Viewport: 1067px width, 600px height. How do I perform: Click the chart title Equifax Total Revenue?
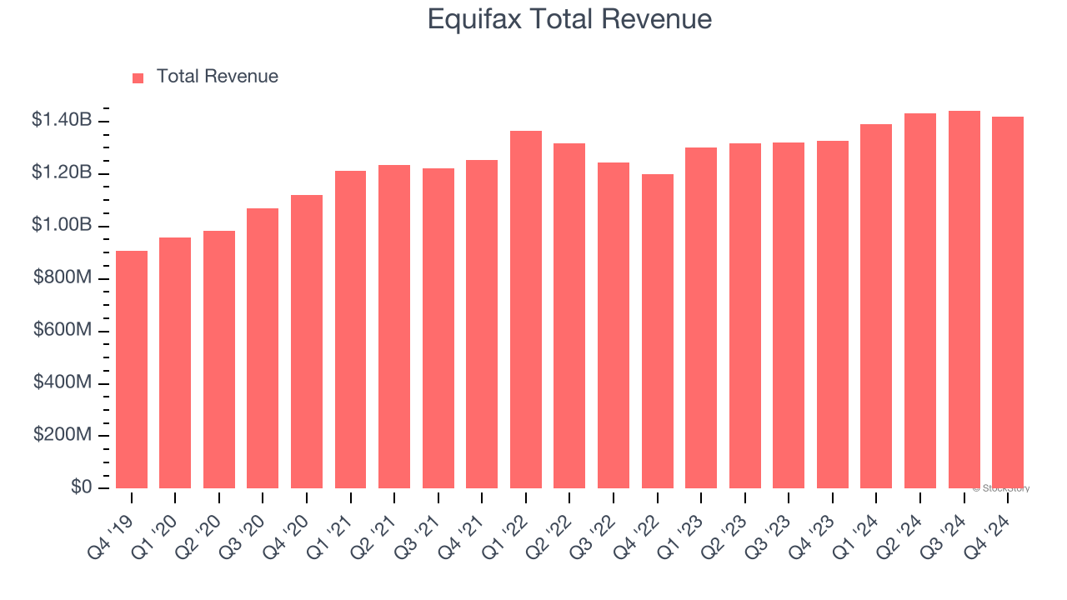569,19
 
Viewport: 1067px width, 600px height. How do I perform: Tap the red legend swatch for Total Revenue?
138,77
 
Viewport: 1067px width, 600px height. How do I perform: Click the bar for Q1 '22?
526,309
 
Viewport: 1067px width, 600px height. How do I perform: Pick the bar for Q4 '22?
658,331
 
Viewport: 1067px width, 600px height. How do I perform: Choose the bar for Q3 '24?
964,299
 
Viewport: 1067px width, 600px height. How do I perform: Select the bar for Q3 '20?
263,348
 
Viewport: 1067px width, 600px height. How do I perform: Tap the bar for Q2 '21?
394,327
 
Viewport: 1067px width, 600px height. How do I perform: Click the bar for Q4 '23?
833,314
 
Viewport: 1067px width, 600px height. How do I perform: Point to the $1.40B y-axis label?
62,120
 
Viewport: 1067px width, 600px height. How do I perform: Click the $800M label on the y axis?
63,277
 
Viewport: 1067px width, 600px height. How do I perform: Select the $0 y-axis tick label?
81,487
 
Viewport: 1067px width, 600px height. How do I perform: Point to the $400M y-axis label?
63,382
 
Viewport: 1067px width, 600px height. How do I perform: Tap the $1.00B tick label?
62,225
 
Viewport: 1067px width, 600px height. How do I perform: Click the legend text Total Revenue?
217,77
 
